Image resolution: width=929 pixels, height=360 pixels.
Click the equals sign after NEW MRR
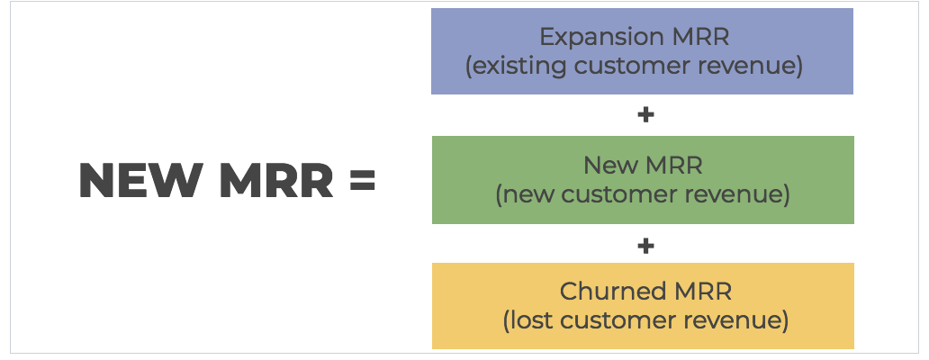coord(361,182)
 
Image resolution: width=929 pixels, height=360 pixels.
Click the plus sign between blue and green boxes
coord(644,115)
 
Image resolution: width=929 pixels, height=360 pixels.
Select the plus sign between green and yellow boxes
coord(644,245)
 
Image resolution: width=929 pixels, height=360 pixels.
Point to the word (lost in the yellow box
coord(525,321)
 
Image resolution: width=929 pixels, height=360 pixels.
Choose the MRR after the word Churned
coord(697,292)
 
